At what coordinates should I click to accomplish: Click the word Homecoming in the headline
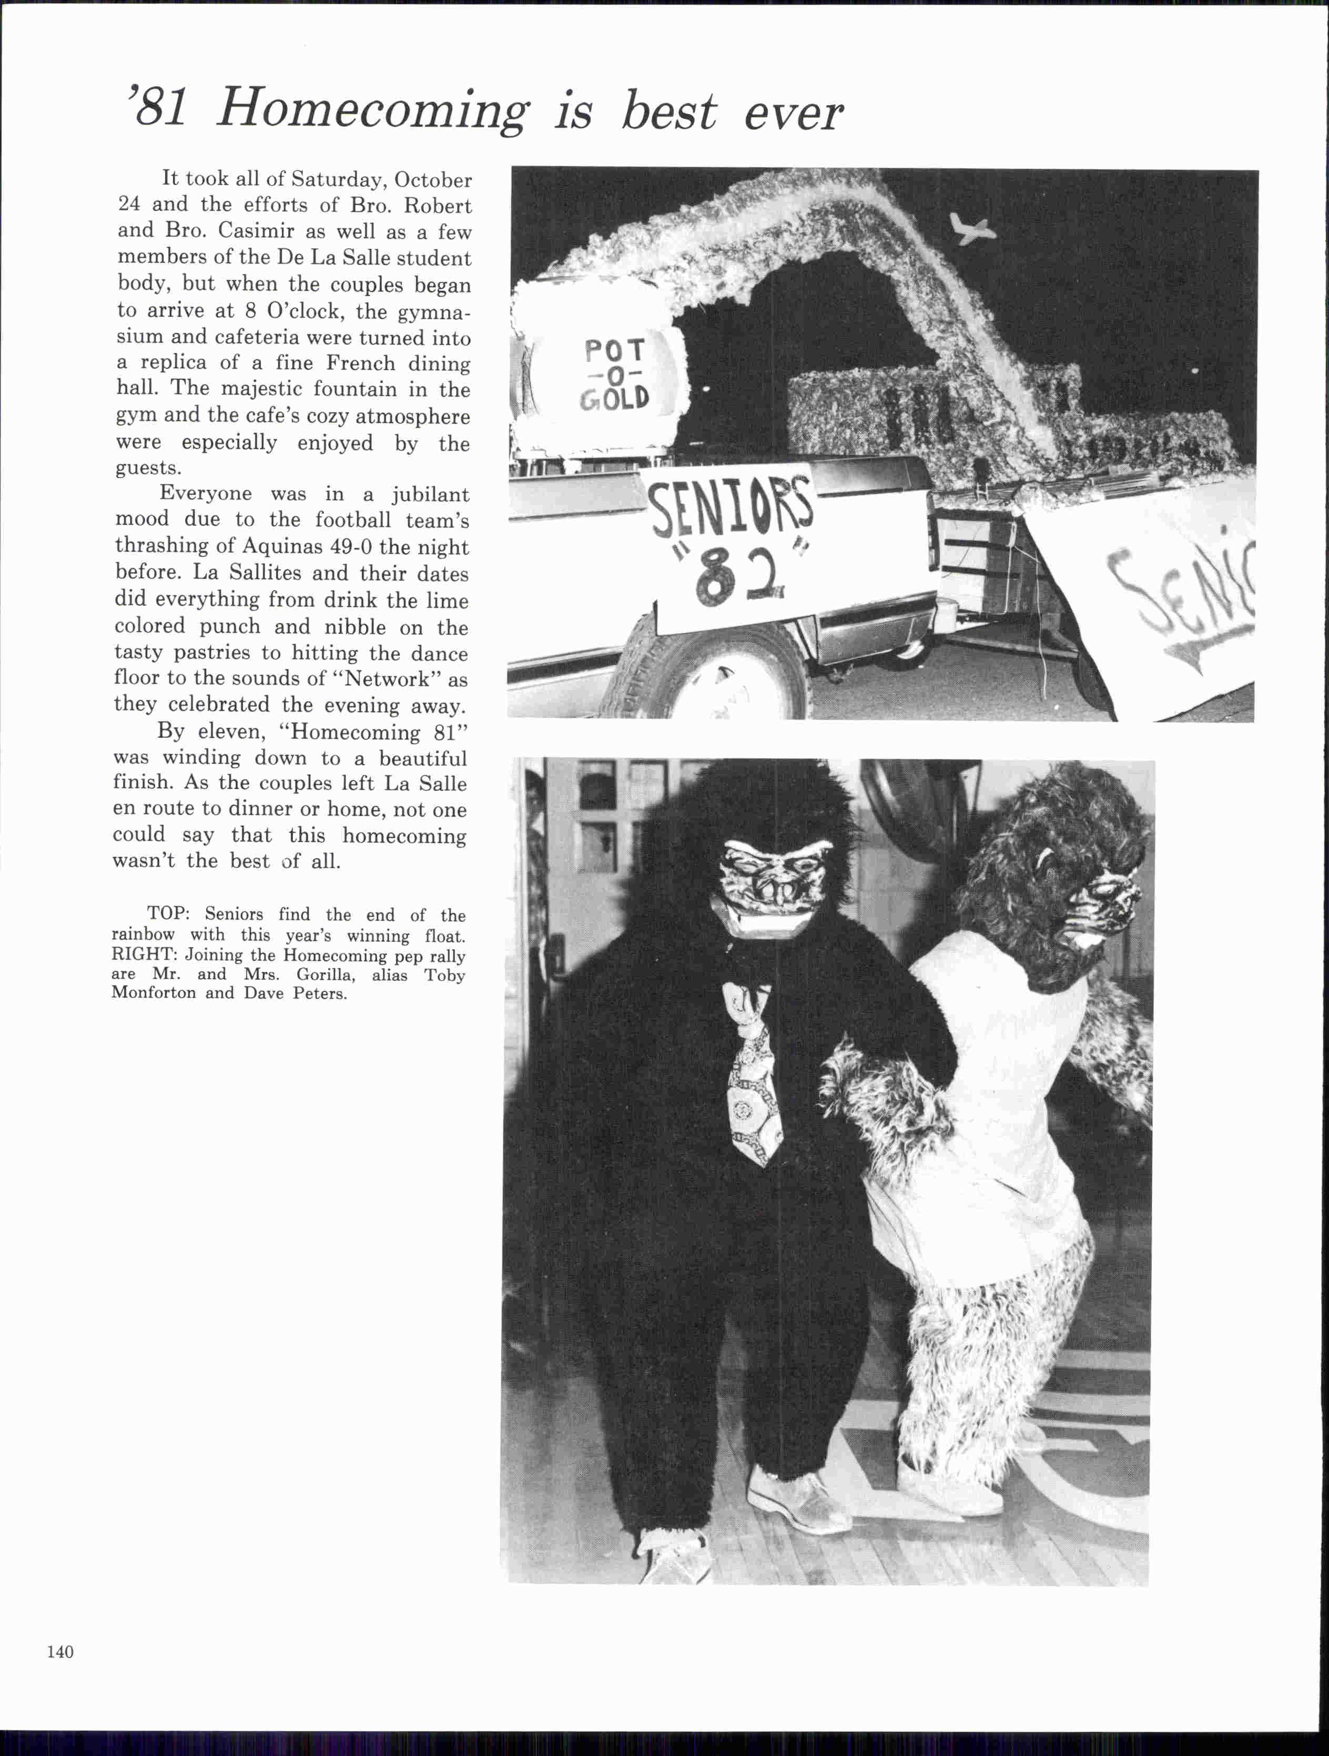tap(371, 109)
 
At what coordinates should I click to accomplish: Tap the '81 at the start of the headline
tap(157, 108)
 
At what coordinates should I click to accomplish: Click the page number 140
tap(60, 1651)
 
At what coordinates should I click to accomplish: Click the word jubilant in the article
tap(430, 494)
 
